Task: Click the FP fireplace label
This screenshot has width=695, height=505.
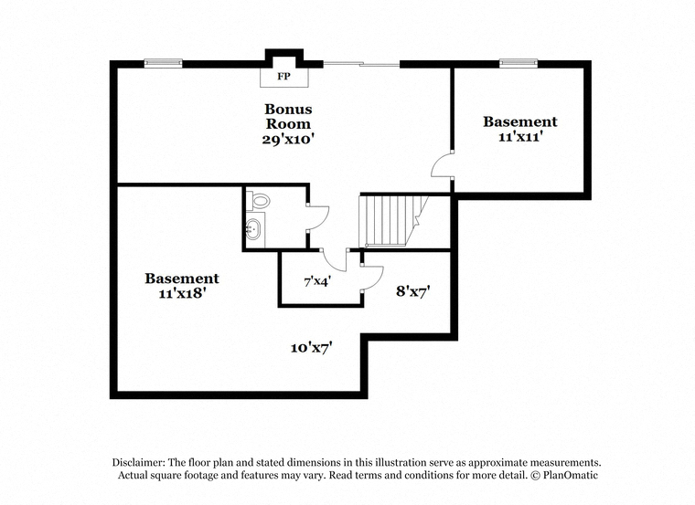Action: pos(283,77)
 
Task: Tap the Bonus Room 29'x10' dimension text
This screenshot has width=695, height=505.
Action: pos(288,140)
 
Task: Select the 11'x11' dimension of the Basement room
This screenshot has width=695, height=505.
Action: pos(520,137)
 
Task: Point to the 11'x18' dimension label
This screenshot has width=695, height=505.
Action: pos(182,293)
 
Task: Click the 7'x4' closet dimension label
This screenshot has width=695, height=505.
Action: pos(317,281)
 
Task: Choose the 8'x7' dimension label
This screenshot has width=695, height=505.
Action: pos(413,291)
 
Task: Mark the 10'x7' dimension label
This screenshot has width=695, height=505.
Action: pos(312,348)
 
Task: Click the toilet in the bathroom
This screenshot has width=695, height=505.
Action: pos(258,201)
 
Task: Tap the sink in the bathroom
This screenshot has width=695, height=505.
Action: pos(252,229)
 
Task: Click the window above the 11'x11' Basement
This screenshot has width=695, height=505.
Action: pos(519,63)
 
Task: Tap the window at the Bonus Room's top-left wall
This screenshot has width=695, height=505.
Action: pos(163,63)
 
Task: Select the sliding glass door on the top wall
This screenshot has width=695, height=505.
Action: pos(361,65)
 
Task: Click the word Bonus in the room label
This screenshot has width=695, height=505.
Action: pos(288,109)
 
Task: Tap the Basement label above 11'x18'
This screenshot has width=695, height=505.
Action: pos(182,279)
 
